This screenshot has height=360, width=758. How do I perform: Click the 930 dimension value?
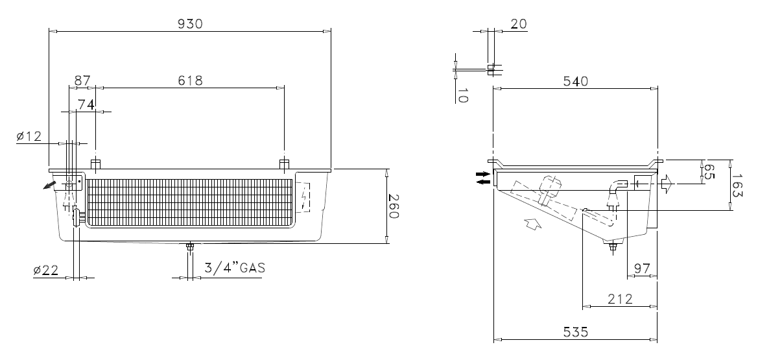190,24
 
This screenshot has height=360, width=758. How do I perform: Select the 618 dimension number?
190,80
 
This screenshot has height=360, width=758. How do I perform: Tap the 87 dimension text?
82,80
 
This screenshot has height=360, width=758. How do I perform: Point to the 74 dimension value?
86,104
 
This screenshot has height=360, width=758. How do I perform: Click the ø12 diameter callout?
29,137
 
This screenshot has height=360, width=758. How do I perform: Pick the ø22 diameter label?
46,271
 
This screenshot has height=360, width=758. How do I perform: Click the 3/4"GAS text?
235,268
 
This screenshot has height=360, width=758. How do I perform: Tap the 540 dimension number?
575,81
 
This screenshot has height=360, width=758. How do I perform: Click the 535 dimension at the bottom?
575,332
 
